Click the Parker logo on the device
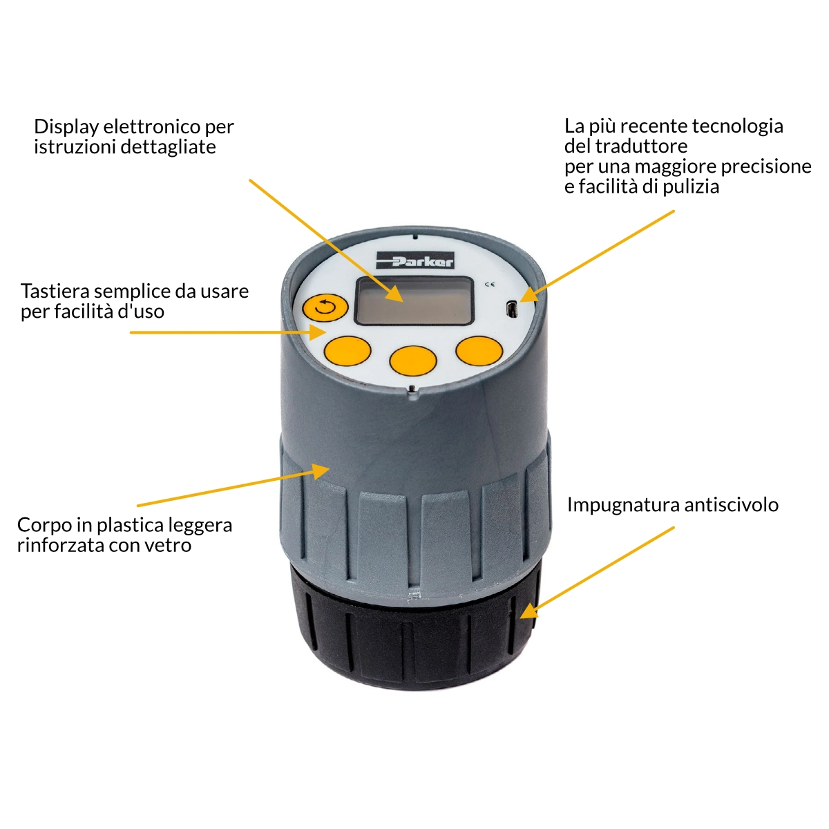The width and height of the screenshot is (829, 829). pyautogui.click(x=414, y=260)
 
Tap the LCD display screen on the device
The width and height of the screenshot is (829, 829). pyautogui.click(x=414, y=301)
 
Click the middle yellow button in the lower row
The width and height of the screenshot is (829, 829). pyautogui.click(x=413, y=359)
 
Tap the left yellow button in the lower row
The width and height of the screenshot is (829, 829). pyautogui.click(x=347, y=351)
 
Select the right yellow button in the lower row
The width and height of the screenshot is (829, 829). pyautogui.click(x=479, y=351)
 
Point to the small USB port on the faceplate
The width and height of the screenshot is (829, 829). pyautogui.click(x=511, y=309)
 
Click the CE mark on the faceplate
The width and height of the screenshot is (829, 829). pyautogui.click(x=490, y=285)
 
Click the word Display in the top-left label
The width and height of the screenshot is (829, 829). pyautogui.click(x=66, y=127)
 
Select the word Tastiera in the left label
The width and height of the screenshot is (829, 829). pyautogui.click(x=55, y=292)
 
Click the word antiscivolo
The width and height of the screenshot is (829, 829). pyautogui.click(x=732, y=504)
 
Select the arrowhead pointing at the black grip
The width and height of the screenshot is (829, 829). pyautogui.click(x=528, y=611)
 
